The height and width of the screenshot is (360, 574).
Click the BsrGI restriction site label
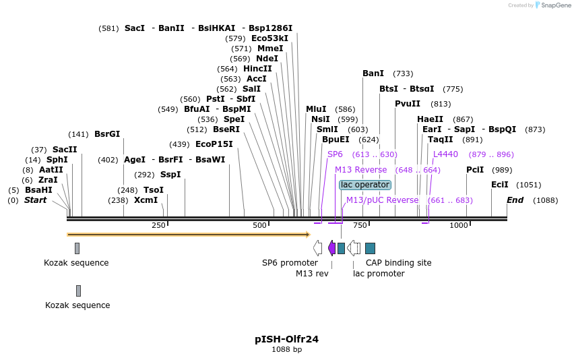click(x=107, y=133)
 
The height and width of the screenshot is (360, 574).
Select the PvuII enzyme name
click(x=408, y=103)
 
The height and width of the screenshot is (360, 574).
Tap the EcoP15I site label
click(x=214, y=144)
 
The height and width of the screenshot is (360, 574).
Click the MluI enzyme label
click(x=316, y=109)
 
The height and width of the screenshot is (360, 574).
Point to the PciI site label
click(x=476, y=169)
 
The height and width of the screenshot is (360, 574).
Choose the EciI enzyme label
click(x=500, y=184)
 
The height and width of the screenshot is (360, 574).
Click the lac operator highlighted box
click(x=365, y=185)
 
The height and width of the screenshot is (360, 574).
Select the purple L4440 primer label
click(x=445, y=154)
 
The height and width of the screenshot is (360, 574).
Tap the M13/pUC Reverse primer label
click(x=382, y=200)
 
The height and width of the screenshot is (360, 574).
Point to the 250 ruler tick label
click(x=158, y=225)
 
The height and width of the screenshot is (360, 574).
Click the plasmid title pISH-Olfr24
click(x=286, y=339)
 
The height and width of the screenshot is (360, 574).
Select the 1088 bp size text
click(x=286, y=349)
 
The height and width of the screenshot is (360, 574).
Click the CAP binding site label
click(x=398, y=262)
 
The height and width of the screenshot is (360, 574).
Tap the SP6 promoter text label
click(x=290, y=262)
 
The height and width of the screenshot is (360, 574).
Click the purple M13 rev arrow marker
click(x=331, y=247)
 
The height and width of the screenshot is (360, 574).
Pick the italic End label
click(x=515, y=200)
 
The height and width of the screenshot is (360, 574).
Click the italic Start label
click(x=36, y=200)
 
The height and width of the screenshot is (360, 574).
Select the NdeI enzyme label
click(x=267, y=58)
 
